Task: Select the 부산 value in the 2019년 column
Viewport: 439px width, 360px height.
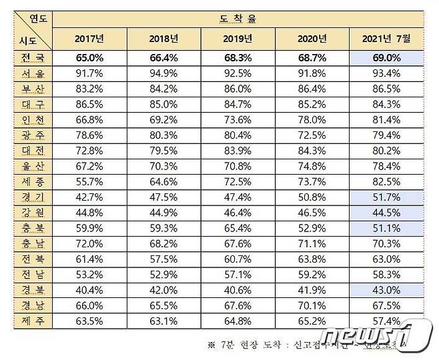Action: click(x=238, y=88)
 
